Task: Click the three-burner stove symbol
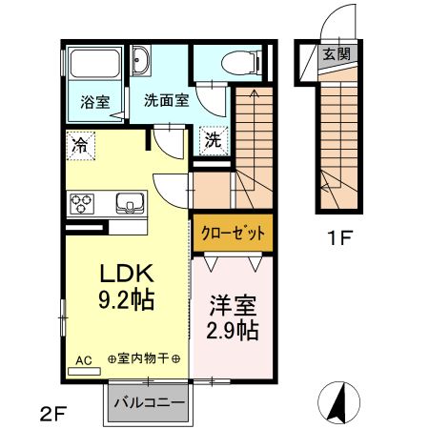pyautogui.click(x=82, y=204)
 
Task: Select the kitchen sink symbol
pyautogui.click(x=128, y=203)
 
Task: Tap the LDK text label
pyautogui.click(x=128, y=274)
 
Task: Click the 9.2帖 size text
pyautogui.click(x=128, y=298)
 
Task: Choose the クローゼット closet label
pyautogui.click(x=234, y=233)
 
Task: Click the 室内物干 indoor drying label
pyautogui.click(x=149, y=358)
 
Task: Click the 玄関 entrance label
pyautogui.click(x=335, y=54)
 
